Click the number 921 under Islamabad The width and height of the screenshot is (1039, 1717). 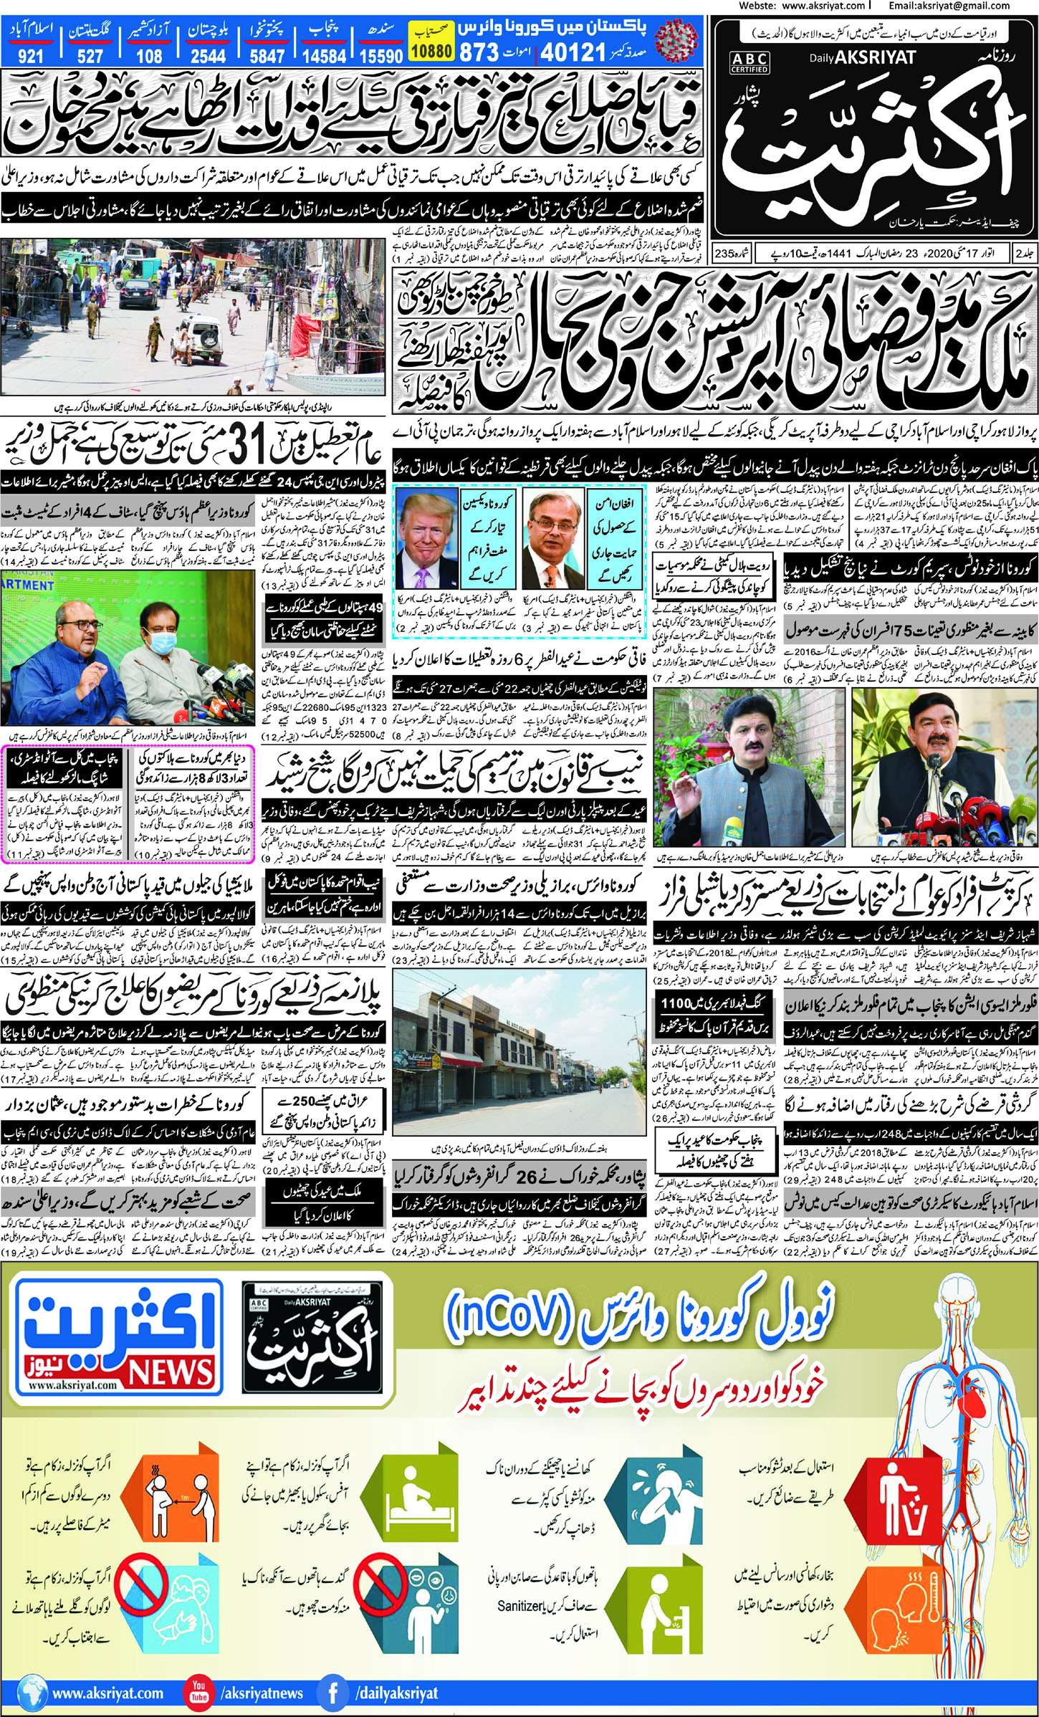pos(30,56)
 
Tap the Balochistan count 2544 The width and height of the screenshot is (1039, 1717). pos(208,56)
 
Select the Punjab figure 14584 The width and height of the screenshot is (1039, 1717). pos(325,56)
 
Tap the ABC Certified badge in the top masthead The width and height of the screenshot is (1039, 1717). pos(750,62)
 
